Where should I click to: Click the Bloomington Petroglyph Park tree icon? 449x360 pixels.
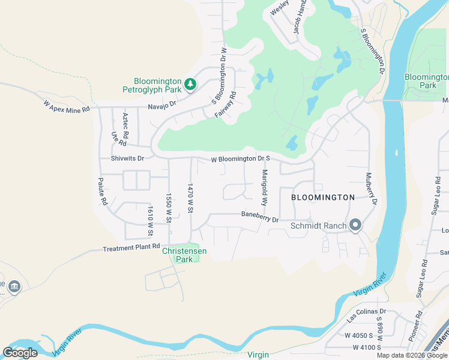190,84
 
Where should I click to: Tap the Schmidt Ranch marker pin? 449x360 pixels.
355,226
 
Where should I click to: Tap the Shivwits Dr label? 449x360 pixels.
128,158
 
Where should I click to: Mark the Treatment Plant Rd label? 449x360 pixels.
131,247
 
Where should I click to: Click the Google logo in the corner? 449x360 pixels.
20,353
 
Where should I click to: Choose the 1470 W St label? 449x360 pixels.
190,197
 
